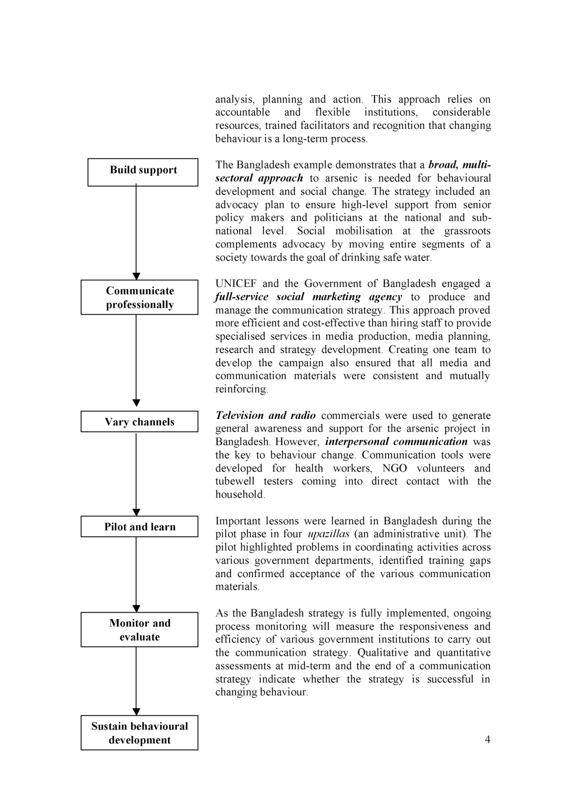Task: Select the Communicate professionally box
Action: tap(139, 297)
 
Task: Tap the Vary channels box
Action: tap(139, 422)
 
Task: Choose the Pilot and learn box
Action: tap(139, 527)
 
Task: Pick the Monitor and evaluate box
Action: tap(139, 630)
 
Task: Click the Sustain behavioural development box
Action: tap(139, 733)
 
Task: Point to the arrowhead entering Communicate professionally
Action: tap(136, 276)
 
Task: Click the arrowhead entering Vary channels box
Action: tap(136, 403)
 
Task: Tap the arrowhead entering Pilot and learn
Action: tap(136, 512)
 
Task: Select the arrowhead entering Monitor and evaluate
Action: tap(136, 608)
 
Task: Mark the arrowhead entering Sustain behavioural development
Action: tap(136, 712)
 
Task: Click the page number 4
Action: tap(487, 739)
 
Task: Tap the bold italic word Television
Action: tap(239, 415)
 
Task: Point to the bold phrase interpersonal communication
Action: tap(396, 442)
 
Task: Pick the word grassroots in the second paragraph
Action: tap(467, 231)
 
